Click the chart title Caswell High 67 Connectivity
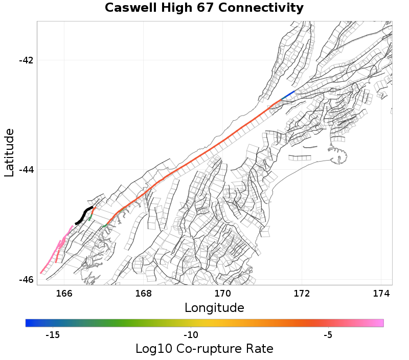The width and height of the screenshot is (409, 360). point(204,8)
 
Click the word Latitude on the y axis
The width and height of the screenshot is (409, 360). point(10,152)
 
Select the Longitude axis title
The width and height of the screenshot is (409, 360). point(214,308)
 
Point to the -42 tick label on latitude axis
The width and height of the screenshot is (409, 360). point(26,60)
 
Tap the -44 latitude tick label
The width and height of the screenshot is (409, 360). point(26,170)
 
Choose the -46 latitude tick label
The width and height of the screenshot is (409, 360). point(26,280)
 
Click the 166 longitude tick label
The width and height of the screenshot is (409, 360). point(64,294)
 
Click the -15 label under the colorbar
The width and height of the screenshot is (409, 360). point(53,335)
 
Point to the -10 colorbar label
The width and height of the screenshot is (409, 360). point(191,335)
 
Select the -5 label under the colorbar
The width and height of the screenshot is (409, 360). point(328,335)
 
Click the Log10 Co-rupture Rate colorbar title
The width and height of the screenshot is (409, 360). point(204,349)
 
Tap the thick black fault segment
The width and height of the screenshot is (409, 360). point(83,215)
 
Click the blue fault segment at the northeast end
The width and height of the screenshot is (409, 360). point(288,95)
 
